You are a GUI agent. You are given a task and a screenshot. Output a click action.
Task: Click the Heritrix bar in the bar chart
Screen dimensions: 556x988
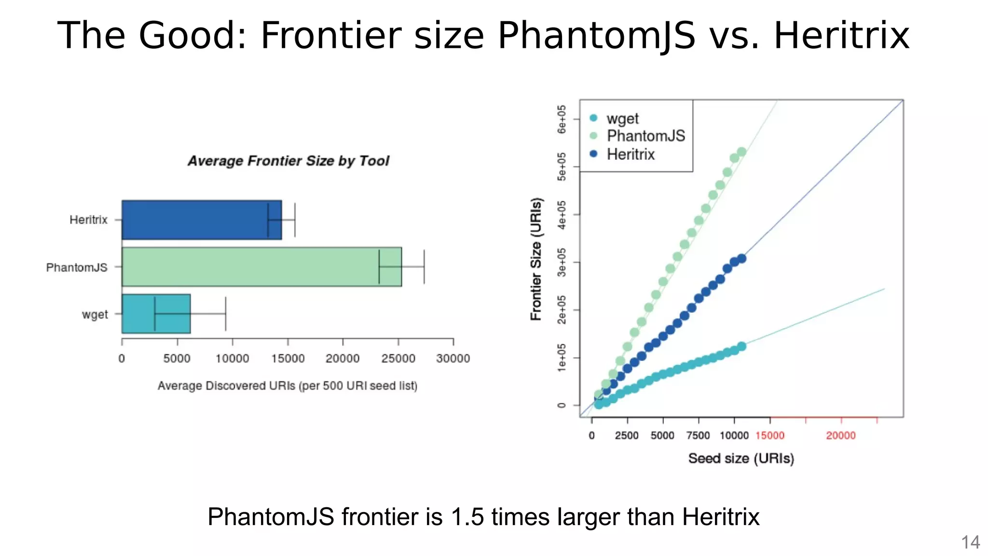(x=201, y=220)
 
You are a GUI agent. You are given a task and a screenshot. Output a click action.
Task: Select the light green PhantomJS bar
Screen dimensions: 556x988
(x=261, y=267)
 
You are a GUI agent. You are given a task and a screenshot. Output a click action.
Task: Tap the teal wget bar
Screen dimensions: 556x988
(x=156, y=314)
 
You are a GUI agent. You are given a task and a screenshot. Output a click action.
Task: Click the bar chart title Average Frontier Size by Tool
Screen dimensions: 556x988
(x=288, y=161)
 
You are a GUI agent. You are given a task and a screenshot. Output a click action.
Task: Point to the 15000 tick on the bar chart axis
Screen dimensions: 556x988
(x=288, y=359)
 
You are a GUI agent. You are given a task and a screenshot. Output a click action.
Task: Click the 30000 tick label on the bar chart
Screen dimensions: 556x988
(x=453, y=359)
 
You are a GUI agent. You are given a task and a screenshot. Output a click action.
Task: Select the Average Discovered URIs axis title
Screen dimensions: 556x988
(x=288, y=386)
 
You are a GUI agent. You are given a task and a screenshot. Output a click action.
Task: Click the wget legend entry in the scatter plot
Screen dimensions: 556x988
(x=622, y=118)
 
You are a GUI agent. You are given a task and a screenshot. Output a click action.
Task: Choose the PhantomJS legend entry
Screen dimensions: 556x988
(x=645, y=136)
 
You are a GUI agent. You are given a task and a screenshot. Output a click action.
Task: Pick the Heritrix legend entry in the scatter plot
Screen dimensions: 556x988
(x=630, y=154)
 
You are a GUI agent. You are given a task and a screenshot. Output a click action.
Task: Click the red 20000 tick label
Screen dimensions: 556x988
(x=841, y=435)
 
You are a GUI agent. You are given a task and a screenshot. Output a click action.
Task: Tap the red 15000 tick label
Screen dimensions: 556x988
(x=770, y=435)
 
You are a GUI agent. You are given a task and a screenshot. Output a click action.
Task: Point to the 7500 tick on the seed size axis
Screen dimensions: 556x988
(x=698, y=435)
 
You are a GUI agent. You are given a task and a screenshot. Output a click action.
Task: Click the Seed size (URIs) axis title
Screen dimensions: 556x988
(x=741, y=458)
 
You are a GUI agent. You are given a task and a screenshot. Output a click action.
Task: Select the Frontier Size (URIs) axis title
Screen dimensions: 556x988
(x=536, y=259)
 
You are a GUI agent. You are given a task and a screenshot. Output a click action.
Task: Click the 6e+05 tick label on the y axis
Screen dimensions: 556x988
(x=562, y=119)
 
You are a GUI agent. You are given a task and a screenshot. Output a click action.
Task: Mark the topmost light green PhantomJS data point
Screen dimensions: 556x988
(x=741, y=152)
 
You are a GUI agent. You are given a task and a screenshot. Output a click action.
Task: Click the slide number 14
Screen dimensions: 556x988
(x=970, y=542)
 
